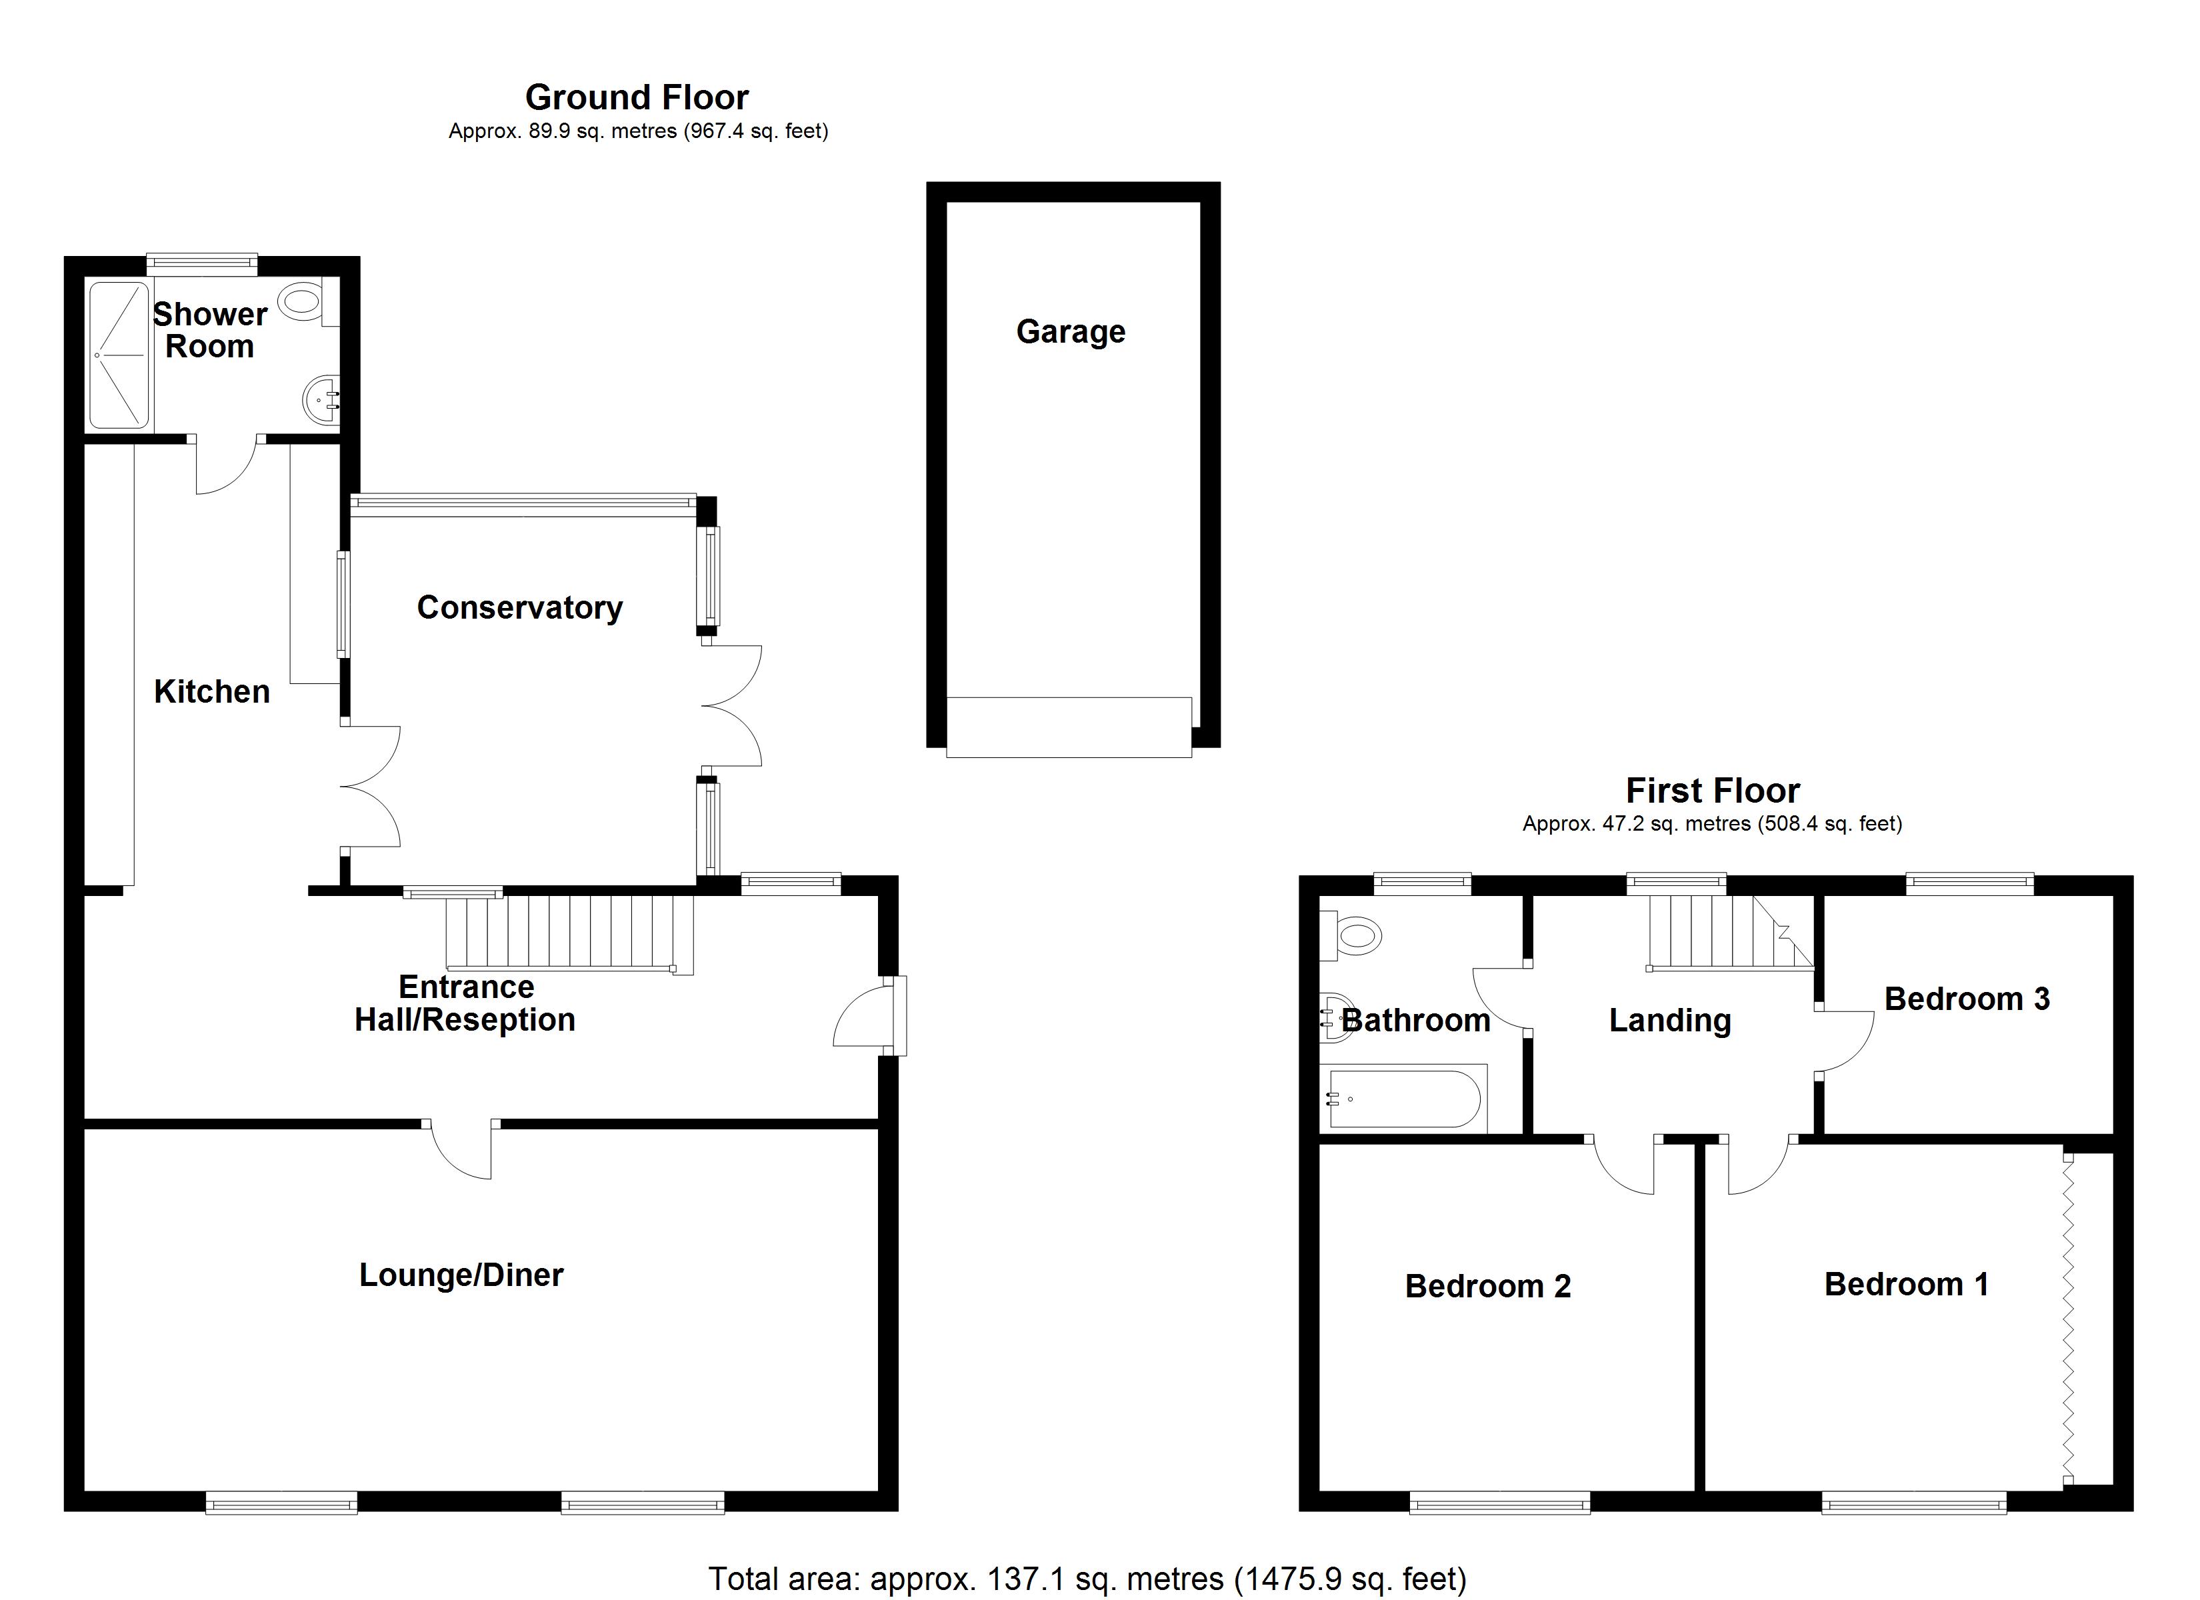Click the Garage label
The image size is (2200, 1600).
[1070, 332]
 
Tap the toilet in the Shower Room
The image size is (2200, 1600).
[302, 302]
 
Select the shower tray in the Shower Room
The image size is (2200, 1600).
[119, 355]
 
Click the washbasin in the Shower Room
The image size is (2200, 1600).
[322, 398]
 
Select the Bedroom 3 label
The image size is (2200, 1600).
[1966, 999]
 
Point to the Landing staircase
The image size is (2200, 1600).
[1727, 931]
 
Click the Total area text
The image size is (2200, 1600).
[1087, 1579]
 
